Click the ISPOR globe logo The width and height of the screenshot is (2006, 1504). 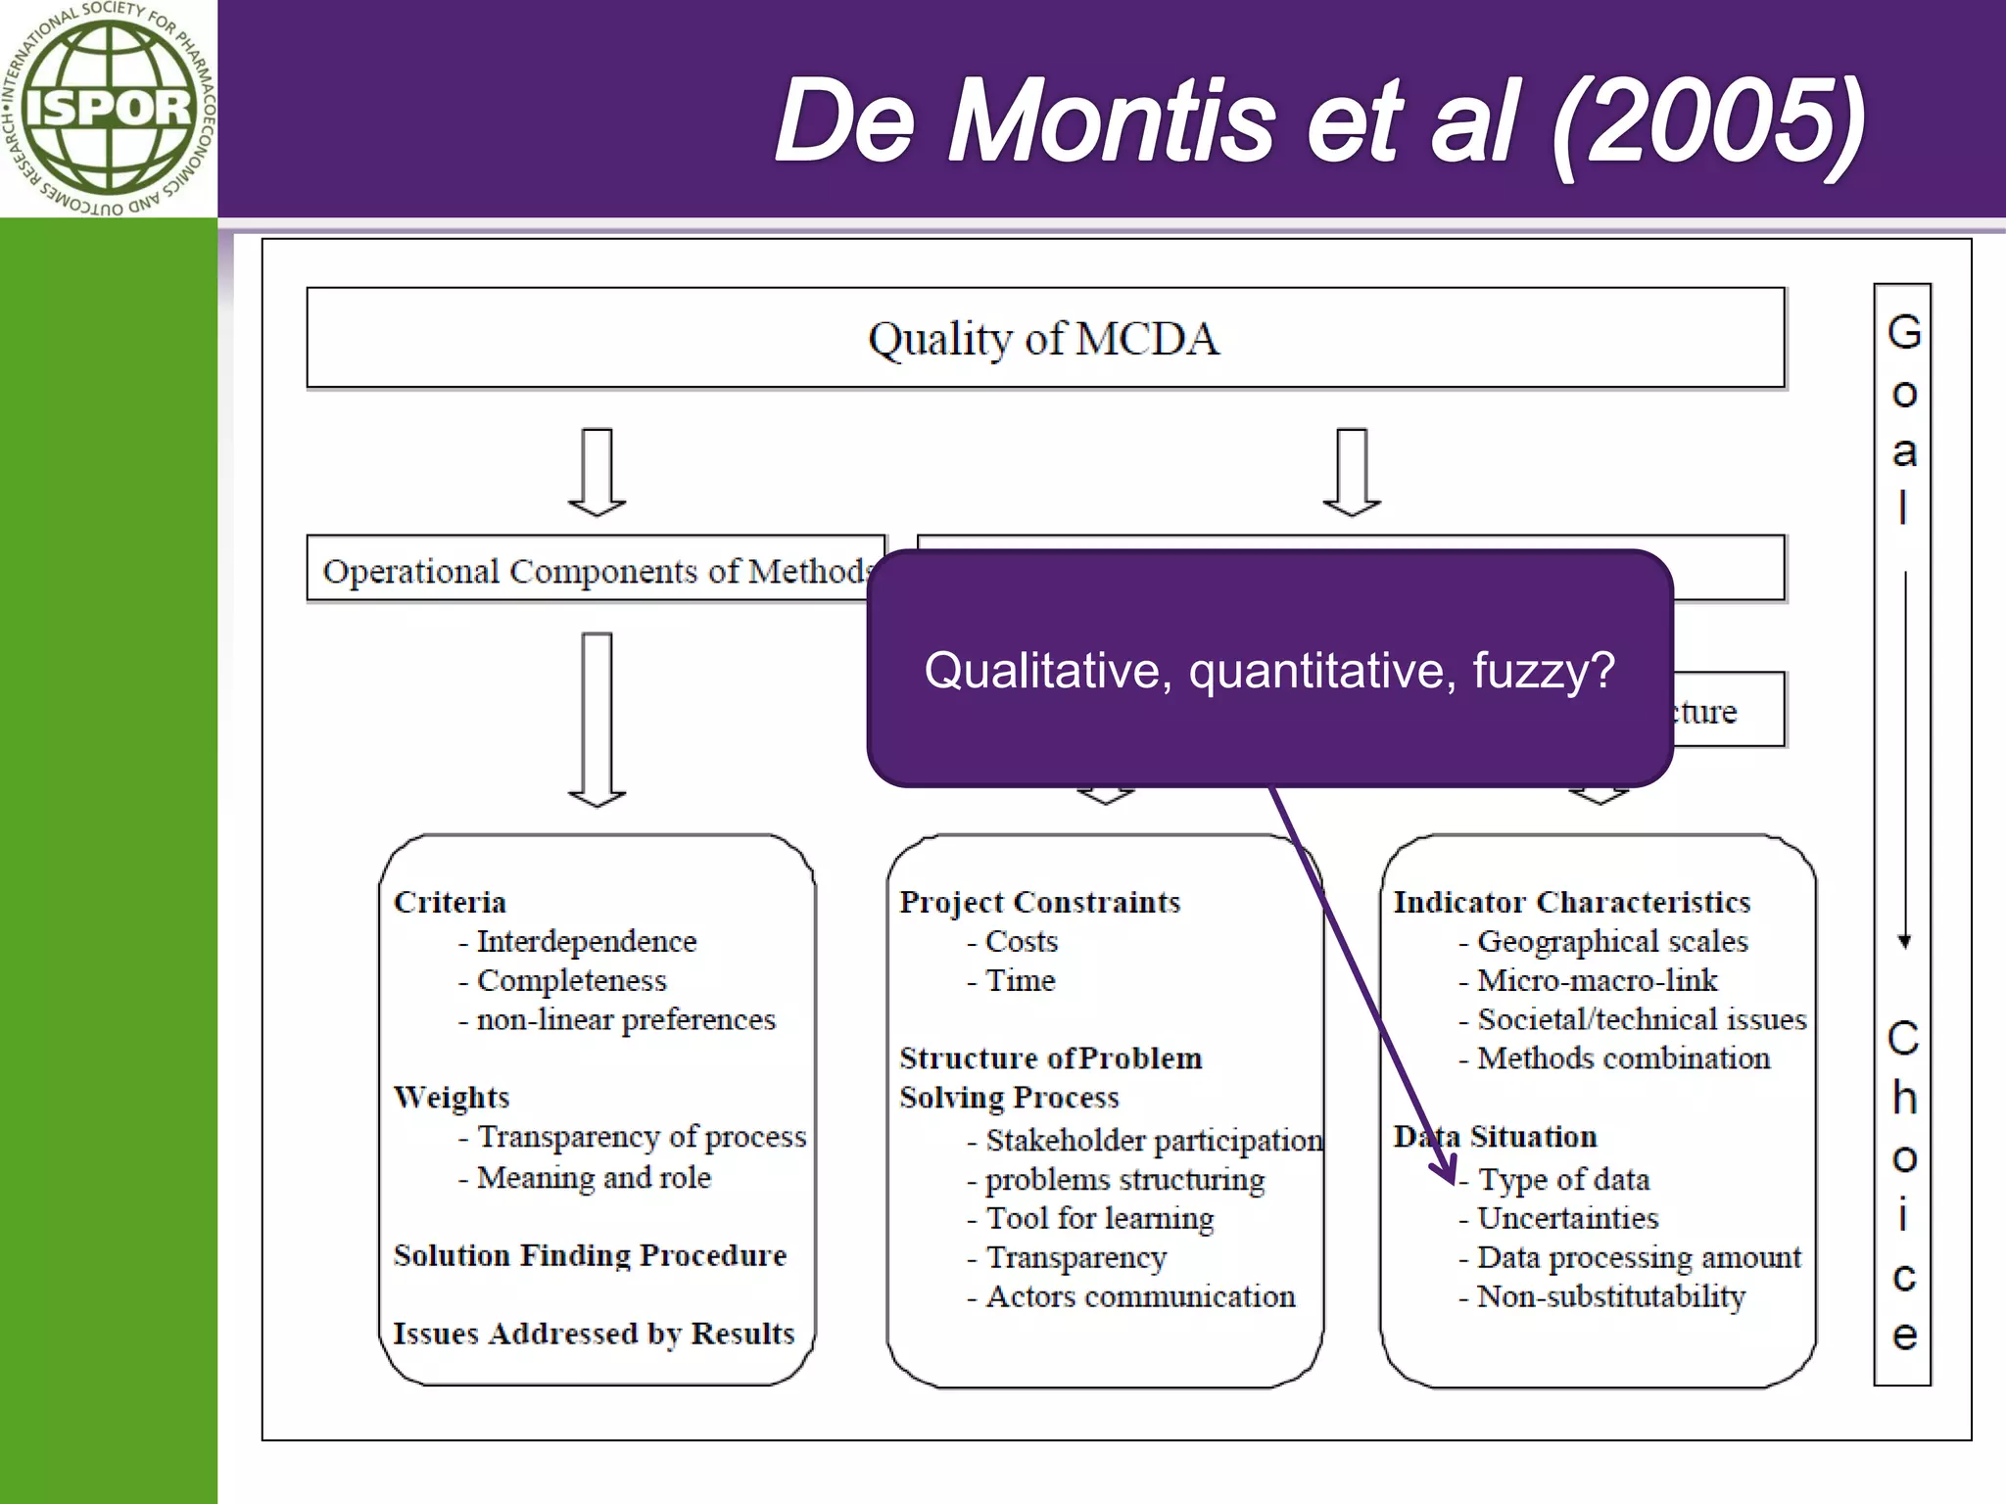pyautogui.click(x=108, y=108)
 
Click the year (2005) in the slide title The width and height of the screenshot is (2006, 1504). pyautogui.click(x=1709, y=122)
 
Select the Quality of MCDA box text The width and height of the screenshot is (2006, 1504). pyautogui.click(x=1044, y=339)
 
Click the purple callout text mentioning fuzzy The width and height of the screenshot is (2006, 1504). pyautogui.click(x=1269, y=672)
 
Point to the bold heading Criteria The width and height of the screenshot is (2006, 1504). pyautogui.click(x=450, y=902)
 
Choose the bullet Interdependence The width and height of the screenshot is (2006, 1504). pyautogui.click(x=586, y=941)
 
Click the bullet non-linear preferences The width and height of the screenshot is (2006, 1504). pyautogui.click(x=625, y=1019)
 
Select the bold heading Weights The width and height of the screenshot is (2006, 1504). pyautogui.click(x=452, y=1097)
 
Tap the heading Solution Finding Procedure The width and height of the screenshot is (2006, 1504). pyautogui.click(x=590, y=1255)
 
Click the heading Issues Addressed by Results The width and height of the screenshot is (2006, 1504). pyautogui.click(x=594, y=1334)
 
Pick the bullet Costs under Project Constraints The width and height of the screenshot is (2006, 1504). pyautogui.click(x=1021, y=941)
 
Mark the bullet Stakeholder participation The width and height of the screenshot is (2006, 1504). pyautogui.click(x=1153, y=1140)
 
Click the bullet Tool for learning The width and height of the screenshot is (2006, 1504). pyautogui.click(x=1099, y=1218)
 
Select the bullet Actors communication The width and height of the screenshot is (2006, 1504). pyautogui.click(x=1140, y=1296)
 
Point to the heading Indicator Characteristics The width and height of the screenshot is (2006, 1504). pyautogui.click(x=1572, y=902)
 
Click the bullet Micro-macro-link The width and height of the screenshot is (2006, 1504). pyautogui.click(x=1597, y=980)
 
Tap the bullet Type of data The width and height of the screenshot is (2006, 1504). pyautogui.click(x=1563, y=1179)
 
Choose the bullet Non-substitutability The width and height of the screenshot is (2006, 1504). pyautogui.click(x=1611, y=1296)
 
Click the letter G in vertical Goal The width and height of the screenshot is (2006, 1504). pyautogui.click(x=1903, y=333)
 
